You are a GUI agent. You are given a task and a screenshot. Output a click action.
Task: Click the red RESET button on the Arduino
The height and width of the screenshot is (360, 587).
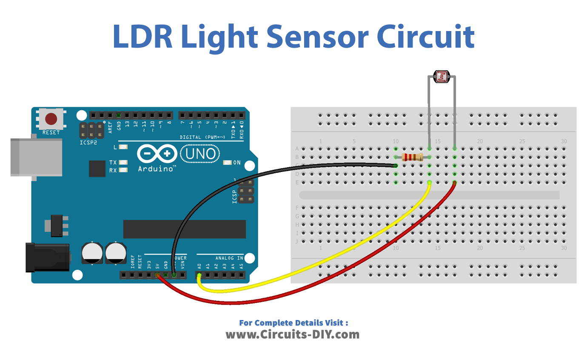51,118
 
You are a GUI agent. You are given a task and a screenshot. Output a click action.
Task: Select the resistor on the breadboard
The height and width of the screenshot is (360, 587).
412,157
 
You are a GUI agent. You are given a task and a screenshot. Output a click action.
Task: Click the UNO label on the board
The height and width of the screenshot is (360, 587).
200,154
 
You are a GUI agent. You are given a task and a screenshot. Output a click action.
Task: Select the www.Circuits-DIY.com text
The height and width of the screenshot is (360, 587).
293,334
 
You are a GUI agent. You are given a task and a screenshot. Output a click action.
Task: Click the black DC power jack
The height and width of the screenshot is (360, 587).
47,257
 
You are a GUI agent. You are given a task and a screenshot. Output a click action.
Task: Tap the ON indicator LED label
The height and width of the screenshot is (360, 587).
237,163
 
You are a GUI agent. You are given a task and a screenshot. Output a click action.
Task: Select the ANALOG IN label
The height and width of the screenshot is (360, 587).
229,258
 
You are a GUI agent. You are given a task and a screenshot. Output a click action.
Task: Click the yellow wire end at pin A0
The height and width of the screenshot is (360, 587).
199,277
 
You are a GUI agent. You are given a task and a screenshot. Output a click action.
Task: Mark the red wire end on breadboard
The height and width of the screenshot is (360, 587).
454,183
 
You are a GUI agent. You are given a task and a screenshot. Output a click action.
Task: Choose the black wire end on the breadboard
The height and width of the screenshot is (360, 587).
396,166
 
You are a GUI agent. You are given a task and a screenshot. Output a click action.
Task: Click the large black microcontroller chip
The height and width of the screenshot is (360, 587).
184,229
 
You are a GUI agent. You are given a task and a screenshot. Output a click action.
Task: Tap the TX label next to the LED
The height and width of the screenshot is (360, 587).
113,163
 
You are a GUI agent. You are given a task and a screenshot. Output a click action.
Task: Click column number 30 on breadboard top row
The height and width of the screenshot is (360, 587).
564,141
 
